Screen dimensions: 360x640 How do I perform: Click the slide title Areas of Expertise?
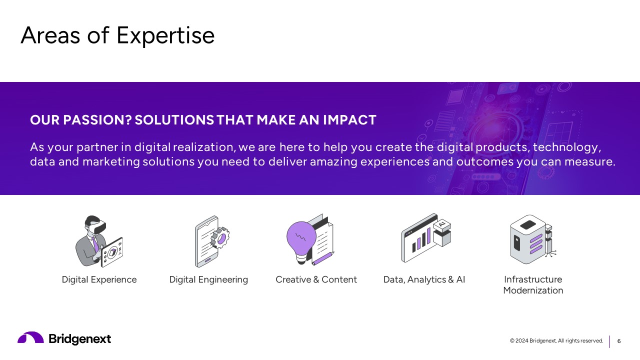tap(117, 35)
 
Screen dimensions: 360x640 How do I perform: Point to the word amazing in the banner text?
tap(334, 162)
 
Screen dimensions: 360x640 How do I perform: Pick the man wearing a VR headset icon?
tap(98, 241)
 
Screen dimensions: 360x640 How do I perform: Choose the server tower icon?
tap(528, 240)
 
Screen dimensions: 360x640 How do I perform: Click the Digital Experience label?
tap(99, 279)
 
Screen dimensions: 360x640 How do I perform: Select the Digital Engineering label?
tap(208, 279)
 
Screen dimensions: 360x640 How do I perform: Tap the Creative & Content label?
tap(316, 279)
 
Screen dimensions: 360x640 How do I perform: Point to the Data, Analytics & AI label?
tap(424, 279)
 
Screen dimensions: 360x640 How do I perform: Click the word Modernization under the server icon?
tap(533, 290)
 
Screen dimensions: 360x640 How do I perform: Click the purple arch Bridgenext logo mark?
tap(30, 338)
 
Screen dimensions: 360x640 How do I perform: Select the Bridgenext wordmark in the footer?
tap(80, 339)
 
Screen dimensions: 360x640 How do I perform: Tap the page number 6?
tap(619, 341)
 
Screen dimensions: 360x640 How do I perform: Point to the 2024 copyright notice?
tap(556, 341)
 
